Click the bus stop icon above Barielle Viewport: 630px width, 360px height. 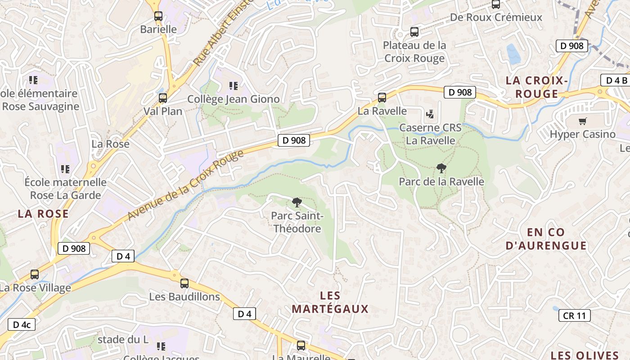coord(158,16)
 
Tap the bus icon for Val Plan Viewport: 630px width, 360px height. coord(162,98)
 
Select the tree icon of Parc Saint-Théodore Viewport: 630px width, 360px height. coord(297,202)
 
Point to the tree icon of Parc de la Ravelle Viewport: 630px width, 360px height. coord(441,168)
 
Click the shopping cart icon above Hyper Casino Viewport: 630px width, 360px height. coord(582,121)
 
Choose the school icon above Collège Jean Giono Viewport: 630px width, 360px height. coord(233,85)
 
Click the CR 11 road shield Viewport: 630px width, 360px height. coord(574,315)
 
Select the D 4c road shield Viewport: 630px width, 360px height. coord(21,324)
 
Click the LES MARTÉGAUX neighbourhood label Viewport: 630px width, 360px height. coord(330,302)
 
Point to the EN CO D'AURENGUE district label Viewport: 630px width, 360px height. coord(546,239)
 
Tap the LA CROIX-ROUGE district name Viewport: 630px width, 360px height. coord(536,87)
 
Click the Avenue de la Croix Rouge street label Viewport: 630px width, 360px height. coord(185,185)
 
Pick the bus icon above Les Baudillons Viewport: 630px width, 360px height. coord(184,283)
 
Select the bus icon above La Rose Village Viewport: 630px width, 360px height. coord(34,274)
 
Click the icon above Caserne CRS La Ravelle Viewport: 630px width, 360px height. coord(430,114)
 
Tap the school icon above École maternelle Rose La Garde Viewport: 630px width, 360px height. coord(65,169)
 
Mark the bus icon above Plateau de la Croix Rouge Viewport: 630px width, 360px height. coord(414,32)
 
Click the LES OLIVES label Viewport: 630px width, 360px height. coord(585,355)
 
